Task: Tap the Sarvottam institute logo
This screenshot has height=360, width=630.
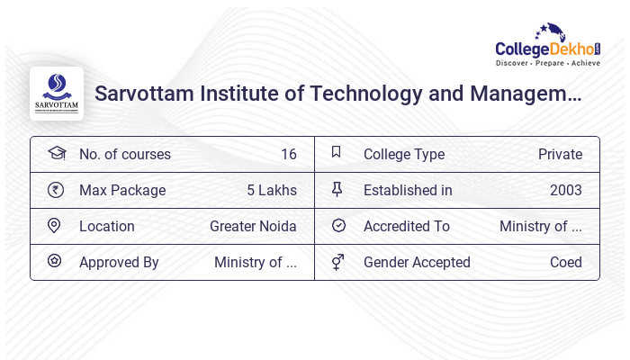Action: click(x=57, y=94)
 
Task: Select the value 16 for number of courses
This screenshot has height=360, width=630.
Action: click(x=288, y=154)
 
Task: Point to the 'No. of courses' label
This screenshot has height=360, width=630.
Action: click(x=124, y=154)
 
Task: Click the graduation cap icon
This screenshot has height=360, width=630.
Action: click(x=56, y=153)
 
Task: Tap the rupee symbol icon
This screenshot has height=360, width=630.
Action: click(x=55, y=190)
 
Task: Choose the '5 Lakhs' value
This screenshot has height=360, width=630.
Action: click(x=271, y=190)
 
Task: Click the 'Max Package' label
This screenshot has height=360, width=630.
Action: click(x=122, y=190)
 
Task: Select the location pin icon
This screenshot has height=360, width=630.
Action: click(x=54, y=226)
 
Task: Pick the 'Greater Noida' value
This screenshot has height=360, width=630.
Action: click(x=253, y=226)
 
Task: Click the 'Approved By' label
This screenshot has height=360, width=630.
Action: click(x=119, y=262)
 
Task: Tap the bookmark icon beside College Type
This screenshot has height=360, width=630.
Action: click(x=337, y=153)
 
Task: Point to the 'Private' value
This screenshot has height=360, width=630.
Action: click(x=560, y=154)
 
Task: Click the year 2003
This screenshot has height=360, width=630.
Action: click(x=565, y=190)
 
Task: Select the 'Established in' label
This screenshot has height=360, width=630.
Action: click(x=408, y=190)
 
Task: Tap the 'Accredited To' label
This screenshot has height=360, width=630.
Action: click(x=406, y=226)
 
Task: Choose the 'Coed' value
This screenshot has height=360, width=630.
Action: click(x=565, y=262)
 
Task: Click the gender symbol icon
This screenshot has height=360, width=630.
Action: click(x=337, y=262)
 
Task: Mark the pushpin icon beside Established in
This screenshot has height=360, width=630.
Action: click(x=337, y=189)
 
